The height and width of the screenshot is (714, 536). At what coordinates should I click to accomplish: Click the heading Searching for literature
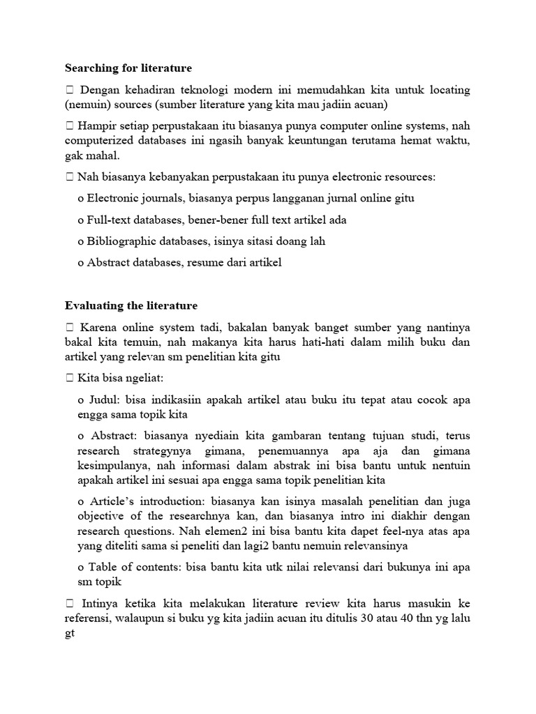click(128, 68)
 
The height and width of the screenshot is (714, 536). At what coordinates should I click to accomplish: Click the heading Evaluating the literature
click(131, 305)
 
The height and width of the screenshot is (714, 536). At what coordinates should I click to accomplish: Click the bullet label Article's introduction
click(142, 501)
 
